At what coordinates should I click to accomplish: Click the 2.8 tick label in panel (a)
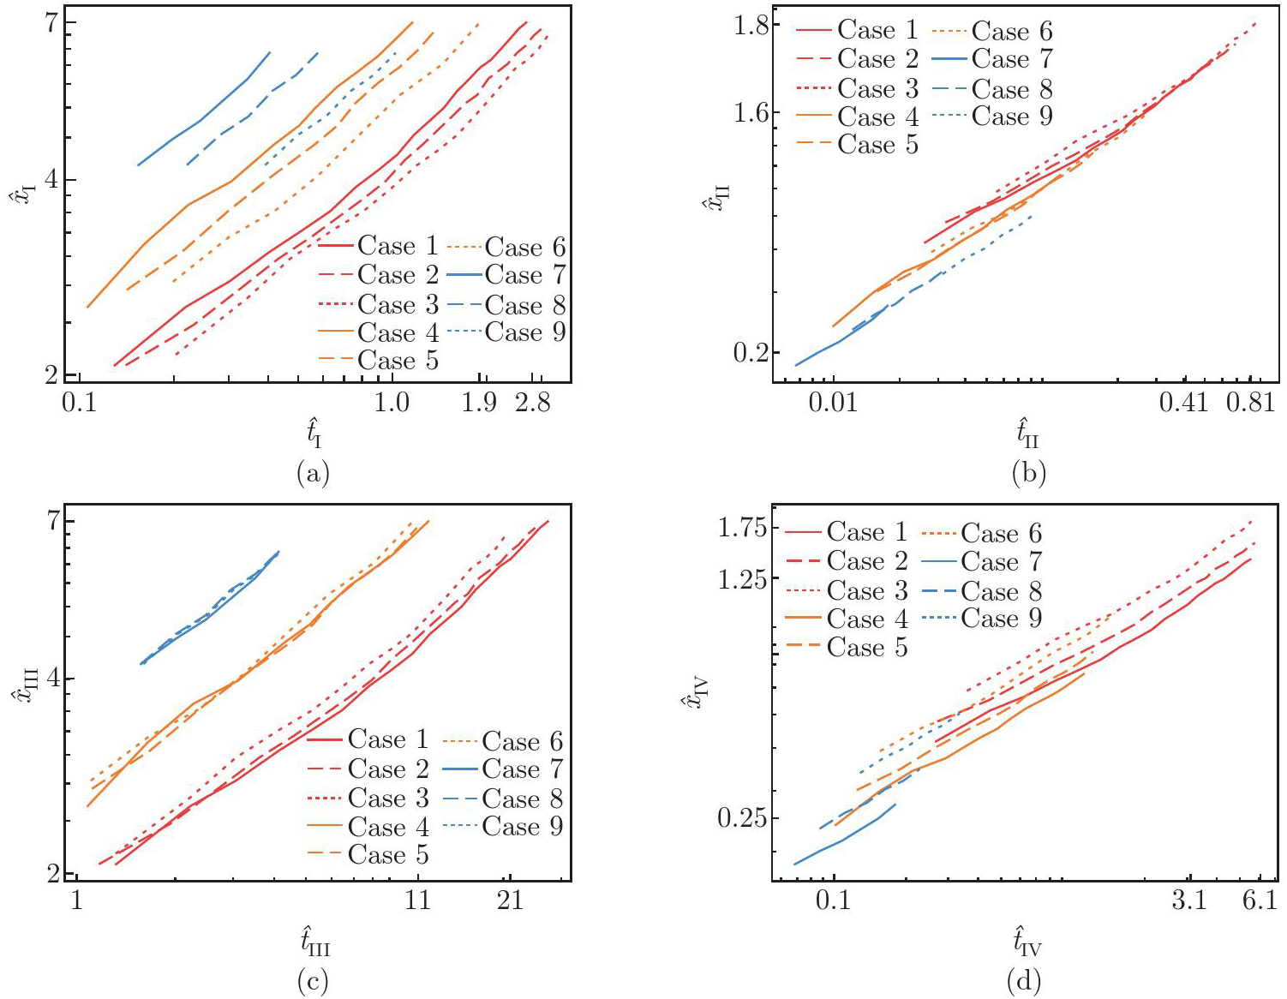[x=532, y=403]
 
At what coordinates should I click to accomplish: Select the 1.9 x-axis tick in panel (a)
[x=479, y=403]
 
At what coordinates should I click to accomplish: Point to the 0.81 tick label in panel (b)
[x=1251, y=402]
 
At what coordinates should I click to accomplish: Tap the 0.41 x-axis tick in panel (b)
[x=1184, y=402]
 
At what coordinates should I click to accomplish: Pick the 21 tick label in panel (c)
[x=510, y=901]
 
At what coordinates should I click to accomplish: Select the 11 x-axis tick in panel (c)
[x=417, y=901]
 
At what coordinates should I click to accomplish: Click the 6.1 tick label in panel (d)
[x=1260, y=900]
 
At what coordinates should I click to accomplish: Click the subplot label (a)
[x=312, y=474]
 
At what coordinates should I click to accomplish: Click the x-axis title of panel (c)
[x=314, y=942]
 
